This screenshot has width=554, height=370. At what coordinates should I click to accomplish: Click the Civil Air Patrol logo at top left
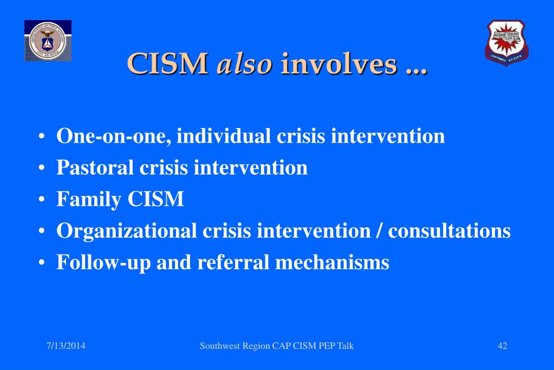48,41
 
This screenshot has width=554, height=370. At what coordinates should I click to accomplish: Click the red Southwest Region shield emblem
506,43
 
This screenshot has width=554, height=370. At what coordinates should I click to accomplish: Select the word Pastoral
95,168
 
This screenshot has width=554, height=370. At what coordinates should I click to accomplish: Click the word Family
89,200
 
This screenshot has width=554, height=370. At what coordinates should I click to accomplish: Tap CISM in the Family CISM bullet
156,200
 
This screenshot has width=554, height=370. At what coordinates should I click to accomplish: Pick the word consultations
449,231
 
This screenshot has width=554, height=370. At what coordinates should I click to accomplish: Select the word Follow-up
103,263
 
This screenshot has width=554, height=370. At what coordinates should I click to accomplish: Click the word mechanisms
332,263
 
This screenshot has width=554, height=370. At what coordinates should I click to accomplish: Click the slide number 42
502,346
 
